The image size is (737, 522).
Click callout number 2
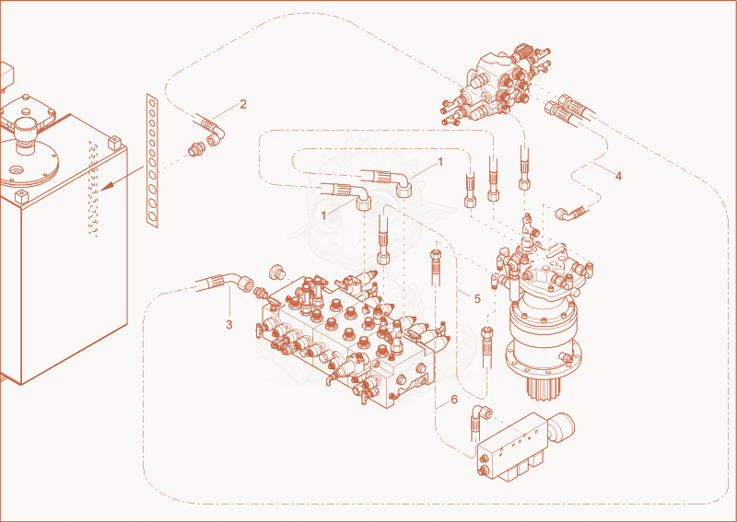coord(243,104)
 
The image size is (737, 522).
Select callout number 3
coord(228,324)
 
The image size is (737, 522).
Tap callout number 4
coord(618,176)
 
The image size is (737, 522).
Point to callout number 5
coord(477,298)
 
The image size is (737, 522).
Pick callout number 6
coord(454,400)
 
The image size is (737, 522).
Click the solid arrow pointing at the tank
coord(123,179)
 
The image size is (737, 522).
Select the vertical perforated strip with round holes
coord(152,161)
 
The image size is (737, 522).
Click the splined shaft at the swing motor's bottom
coord(543,388)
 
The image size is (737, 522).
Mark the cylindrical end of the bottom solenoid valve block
coord(562,427)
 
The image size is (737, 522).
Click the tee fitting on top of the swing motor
coord(528,226)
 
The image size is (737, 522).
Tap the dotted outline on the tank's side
coord(94,187)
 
